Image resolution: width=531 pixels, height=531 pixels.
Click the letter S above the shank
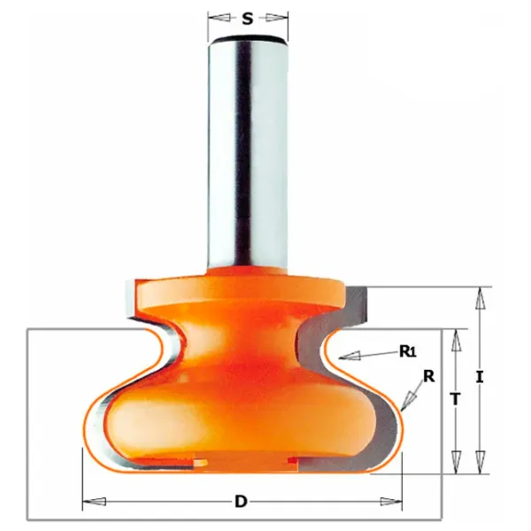coord(248,19)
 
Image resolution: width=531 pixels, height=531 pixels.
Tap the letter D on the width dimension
coord(241,501)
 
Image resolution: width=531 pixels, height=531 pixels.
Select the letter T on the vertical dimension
coord(456,398)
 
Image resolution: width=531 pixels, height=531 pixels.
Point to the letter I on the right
coord(480,377)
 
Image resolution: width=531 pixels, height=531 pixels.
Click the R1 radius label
coord(408,352)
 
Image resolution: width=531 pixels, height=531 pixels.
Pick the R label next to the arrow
coord(428,376)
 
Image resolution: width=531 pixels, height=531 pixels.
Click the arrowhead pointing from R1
coord(350,356)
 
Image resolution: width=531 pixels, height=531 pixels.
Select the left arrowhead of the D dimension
coord(94,501)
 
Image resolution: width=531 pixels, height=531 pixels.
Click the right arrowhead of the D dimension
coord(391,501)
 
